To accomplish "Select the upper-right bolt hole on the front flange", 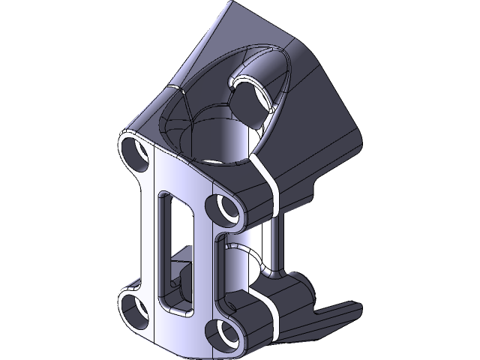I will pyautogui.click(x=223, y=208).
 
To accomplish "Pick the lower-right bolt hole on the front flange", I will pyautogui.click(x=223, y=331).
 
